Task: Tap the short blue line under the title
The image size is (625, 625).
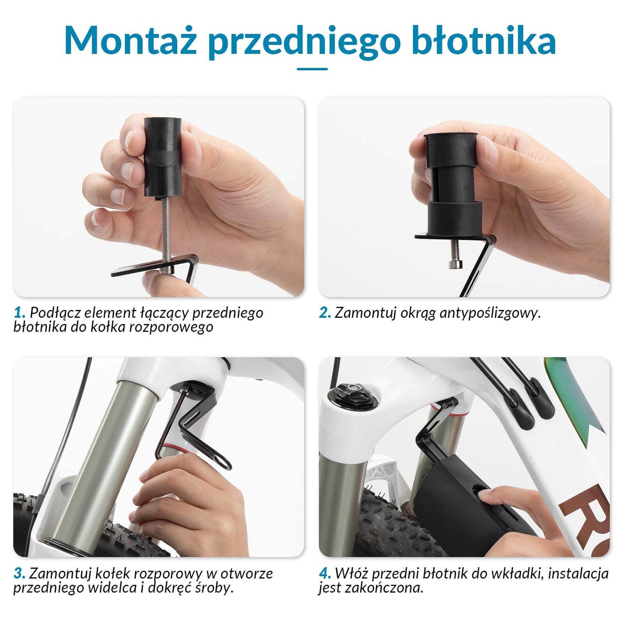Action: [x=312, y=69]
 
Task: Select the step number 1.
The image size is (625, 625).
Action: [x=19, y=312]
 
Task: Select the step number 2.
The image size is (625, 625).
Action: [x=325, y=312]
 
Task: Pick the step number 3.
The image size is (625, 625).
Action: [x=19, y=573]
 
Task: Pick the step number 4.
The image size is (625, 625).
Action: [x=325, y=573]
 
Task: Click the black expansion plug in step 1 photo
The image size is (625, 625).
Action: [x=163, y=156]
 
